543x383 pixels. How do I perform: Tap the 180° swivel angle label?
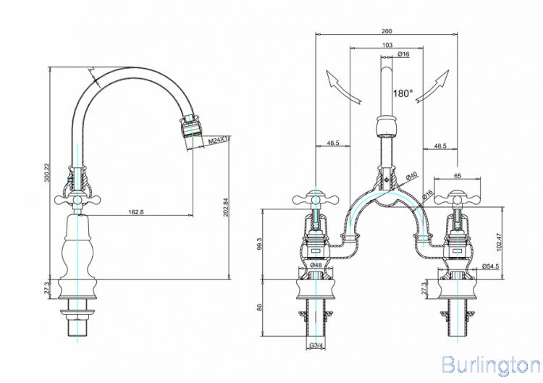point(403,93)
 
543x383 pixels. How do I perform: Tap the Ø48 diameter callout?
point(316,266)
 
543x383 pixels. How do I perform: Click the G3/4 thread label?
point(316,346)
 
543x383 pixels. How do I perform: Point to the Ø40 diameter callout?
point(411,176)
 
